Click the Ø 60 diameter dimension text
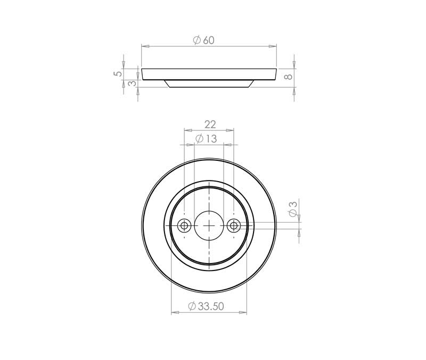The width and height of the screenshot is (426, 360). [204, 40]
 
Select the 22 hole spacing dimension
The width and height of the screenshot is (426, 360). [210, 124]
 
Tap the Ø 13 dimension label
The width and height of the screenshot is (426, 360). [206, 139]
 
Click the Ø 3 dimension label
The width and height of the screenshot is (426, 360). [292, 209]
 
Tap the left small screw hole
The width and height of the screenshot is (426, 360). [184, 226]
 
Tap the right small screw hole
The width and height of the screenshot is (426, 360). [233, 226]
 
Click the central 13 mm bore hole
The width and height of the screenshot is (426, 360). [209, 226]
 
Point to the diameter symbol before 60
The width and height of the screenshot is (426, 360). [196, 40]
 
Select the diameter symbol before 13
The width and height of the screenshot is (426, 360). [199, 139]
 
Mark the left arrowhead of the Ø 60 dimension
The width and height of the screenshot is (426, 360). [144, 46]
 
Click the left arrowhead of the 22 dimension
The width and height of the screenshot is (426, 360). [186, 129]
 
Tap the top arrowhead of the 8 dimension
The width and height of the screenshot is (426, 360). [294, 66]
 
